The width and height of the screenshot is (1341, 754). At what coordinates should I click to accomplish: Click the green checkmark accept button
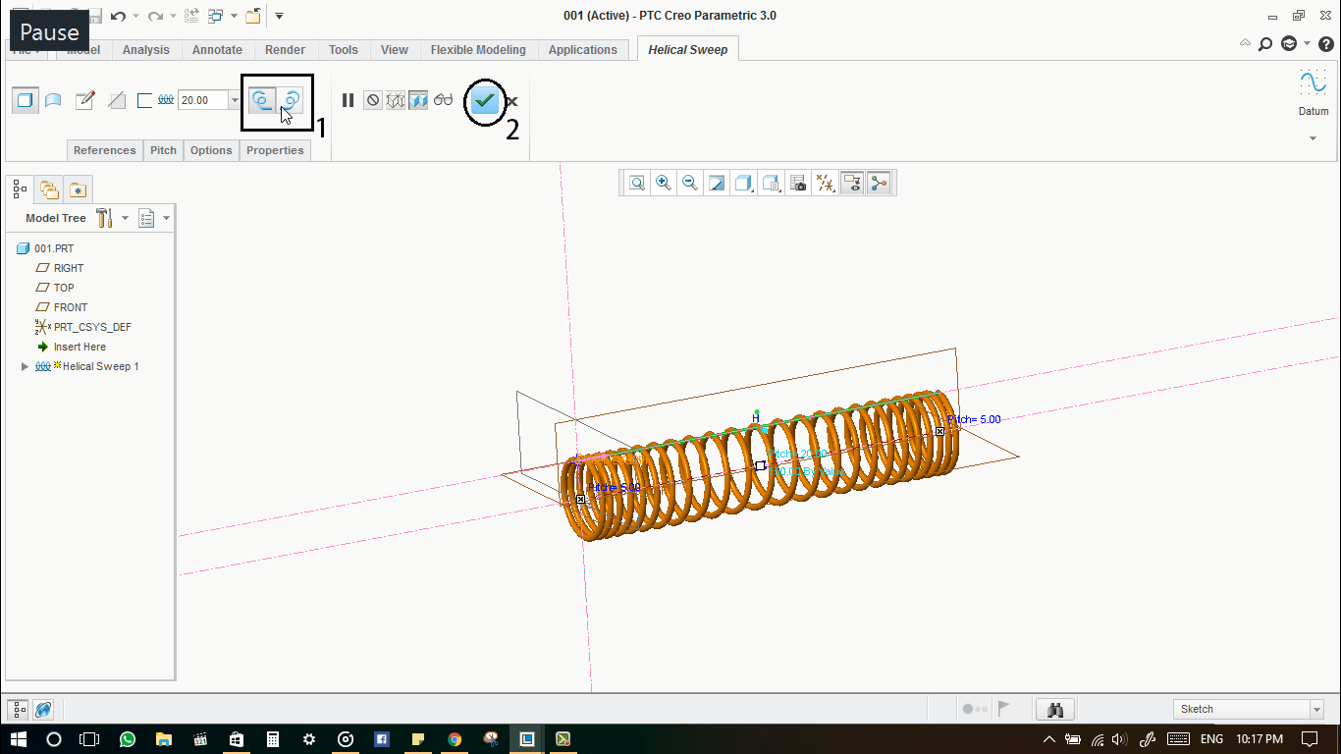484,100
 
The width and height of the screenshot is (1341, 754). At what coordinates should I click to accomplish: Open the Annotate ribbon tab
217,50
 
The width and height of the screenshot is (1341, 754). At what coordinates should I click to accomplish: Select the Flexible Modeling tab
478,50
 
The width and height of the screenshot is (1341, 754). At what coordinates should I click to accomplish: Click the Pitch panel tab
163,150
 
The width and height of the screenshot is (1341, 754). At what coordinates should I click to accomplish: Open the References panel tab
104,150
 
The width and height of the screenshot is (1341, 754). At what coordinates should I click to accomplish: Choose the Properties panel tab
275,150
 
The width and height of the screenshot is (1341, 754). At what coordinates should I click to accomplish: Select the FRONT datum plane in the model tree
71,307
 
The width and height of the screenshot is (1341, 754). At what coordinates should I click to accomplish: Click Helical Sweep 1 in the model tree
100,366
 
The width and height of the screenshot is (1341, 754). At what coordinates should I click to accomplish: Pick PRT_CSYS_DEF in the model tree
92,327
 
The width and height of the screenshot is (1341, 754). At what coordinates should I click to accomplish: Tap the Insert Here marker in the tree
80,347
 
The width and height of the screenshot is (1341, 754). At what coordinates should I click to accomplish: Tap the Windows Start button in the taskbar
18,739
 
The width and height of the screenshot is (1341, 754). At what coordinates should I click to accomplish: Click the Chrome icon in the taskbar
455,739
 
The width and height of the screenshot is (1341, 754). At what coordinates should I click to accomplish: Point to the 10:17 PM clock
1259,738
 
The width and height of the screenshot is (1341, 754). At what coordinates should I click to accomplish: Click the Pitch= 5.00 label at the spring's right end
974,419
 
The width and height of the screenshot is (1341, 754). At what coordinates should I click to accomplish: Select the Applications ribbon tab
582,50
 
